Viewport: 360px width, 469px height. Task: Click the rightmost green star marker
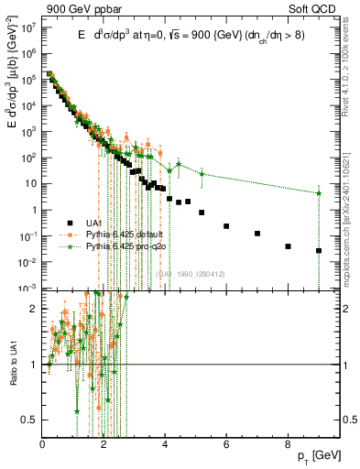pos(319,193)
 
